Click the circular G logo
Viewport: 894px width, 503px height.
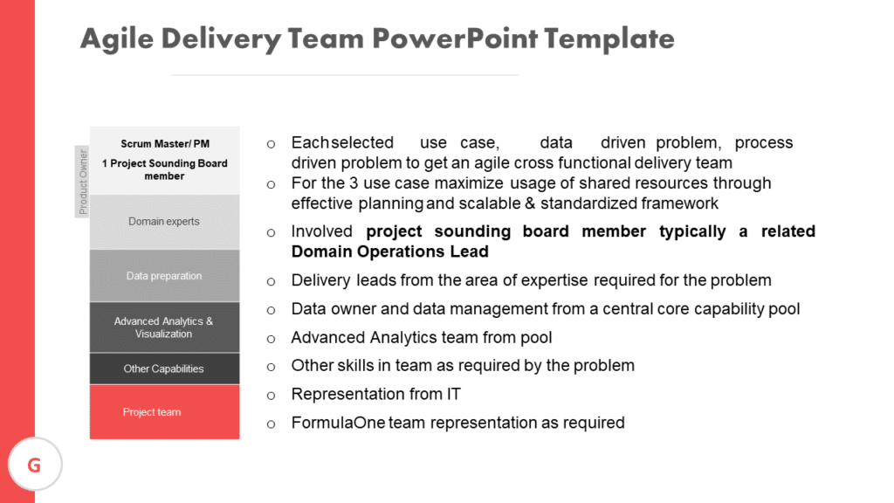point(34,465)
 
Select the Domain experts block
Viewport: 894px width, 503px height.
point(164,222)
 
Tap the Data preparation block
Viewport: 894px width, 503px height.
point(164,276)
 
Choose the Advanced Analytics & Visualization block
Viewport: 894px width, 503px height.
point(164,327)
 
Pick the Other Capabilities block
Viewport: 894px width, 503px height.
point(164,369)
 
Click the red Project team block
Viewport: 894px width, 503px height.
point(164,411)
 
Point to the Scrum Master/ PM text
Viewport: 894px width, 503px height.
point(165,144)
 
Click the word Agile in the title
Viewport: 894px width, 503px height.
point(116,39)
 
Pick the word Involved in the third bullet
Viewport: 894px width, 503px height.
point(322,231)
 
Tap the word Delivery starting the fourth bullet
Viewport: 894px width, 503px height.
point(320,280)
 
